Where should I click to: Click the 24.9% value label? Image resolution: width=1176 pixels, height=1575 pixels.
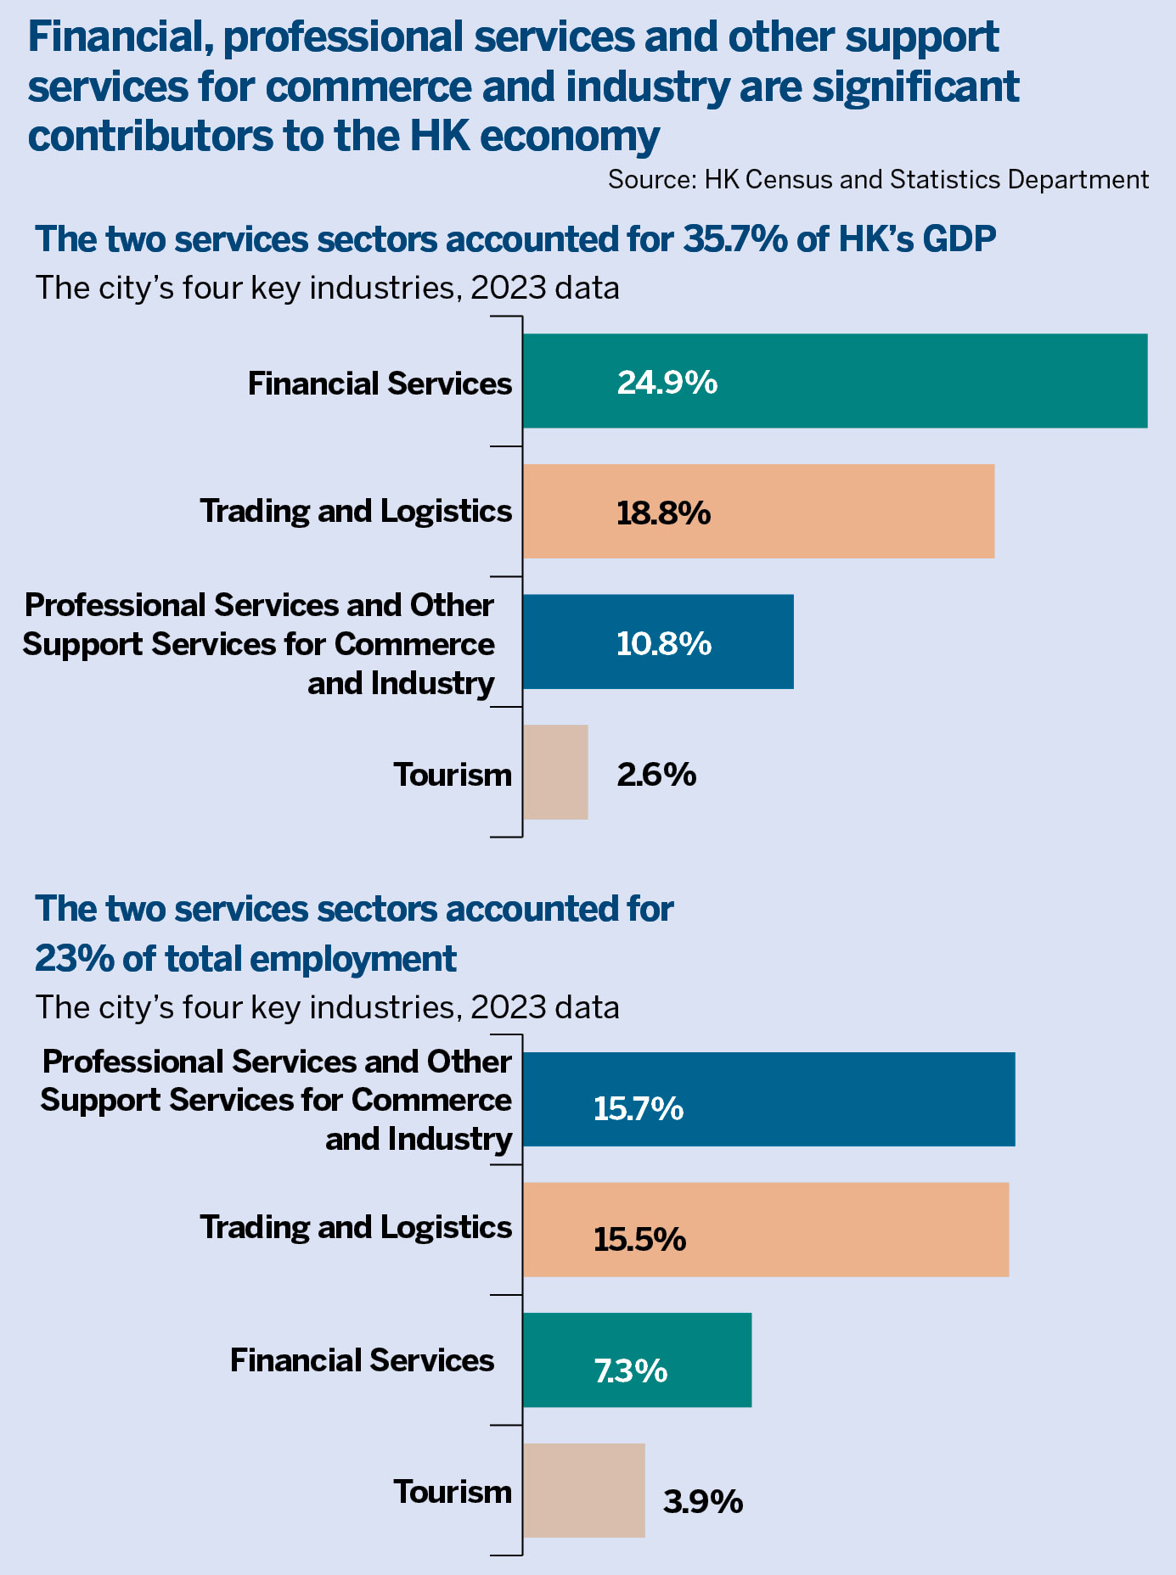(667, 383)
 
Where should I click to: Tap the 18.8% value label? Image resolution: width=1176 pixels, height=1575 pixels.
(663, 513)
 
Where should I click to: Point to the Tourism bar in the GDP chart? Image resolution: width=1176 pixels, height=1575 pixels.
(555, 772)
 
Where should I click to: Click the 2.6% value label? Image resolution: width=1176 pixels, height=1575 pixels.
(656, 775)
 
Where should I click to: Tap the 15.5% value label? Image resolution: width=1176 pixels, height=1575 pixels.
(639, 1240)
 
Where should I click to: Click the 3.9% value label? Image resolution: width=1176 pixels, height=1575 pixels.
(703, 1503)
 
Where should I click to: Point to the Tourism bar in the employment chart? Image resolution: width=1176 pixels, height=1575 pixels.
(583, 1490)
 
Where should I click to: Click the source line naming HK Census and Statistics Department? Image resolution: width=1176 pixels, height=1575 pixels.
(878, 180)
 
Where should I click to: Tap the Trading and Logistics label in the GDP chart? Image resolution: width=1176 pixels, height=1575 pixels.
(356, 511)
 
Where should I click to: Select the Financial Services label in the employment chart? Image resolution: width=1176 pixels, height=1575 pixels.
(362, 1360)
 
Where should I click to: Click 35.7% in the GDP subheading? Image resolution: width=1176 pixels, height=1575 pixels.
(735, 239)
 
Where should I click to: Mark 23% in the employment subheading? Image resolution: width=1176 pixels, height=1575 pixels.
(74, 959)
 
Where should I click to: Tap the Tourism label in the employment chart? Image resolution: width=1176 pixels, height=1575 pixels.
(452, 1491)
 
